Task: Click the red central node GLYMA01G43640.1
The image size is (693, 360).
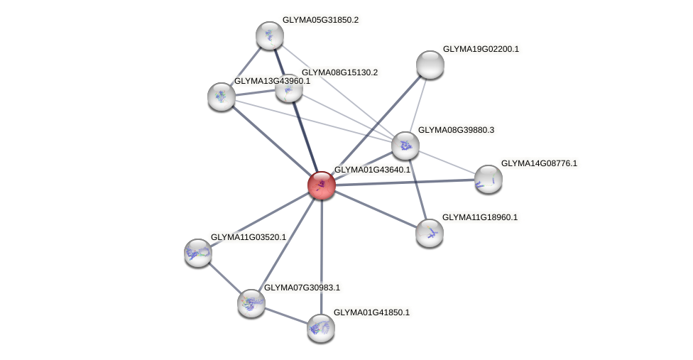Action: tap(322, 185)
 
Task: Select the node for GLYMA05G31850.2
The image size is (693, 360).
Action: tap(270, 36)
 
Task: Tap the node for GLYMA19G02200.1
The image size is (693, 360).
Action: tap(430, 65)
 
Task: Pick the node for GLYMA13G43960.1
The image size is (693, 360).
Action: tap(222, 96)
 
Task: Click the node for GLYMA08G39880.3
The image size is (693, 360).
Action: tap(405, 146)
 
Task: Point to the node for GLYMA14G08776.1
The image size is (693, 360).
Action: tap(488, 178)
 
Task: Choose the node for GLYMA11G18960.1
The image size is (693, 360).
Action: tap(430, 232)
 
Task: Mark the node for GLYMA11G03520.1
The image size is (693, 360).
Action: tap(198, 252)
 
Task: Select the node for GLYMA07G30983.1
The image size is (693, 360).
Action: tap(251, 302)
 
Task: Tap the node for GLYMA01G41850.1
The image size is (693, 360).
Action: tap(321, 327)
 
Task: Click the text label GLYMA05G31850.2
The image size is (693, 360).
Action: tap(320, 21)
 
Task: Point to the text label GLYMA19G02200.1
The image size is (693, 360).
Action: tap(481, 50)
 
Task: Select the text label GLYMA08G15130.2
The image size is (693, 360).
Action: tap(339, 72)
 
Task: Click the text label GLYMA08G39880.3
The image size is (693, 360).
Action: tap(456, 131)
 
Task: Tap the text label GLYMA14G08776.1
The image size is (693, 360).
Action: tap(539, 164)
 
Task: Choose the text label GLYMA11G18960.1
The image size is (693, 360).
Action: tap(480, 217)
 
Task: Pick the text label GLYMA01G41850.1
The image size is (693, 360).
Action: tap(371, 312)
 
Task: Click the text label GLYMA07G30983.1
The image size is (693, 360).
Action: tap(302, 288)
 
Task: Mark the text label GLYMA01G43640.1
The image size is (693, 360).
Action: tap(372, 170)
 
